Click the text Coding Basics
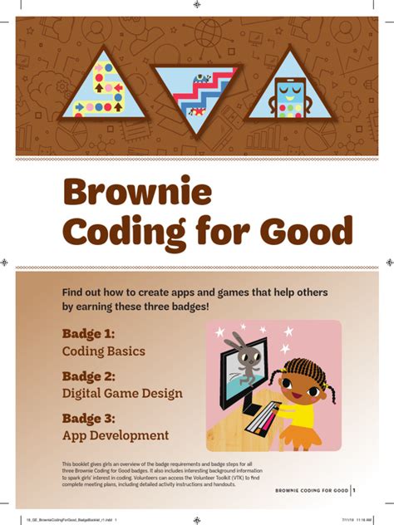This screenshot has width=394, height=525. pos(104,351)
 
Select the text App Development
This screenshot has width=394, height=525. pos(116,435)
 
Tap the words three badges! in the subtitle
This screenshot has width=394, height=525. pos(175,307)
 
